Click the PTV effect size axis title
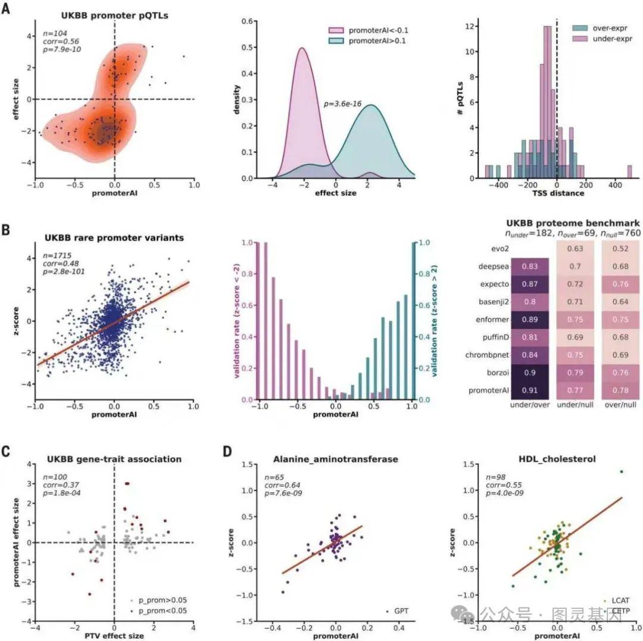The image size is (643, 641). [114, 636]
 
